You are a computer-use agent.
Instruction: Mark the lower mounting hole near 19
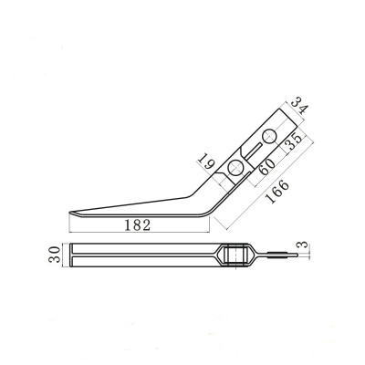(x=236, y=168)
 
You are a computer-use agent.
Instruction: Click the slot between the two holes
(x=253, y=152)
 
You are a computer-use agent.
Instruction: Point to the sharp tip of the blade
(x=68, y=215)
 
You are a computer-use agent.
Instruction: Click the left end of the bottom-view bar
(x=71, y=255)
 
